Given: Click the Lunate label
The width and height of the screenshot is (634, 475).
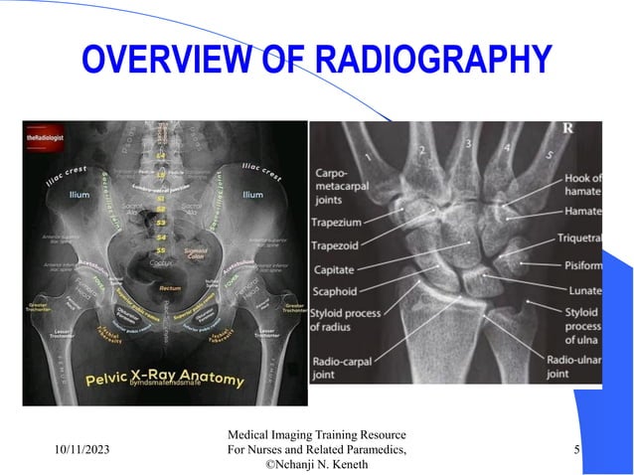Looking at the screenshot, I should pyautogui.click(x=583, y=290).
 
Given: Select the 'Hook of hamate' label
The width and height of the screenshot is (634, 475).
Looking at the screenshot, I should pyautogui.click(x=583, y=185).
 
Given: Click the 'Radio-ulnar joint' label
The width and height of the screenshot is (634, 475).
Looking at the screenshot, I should pyautogui.click(x=570, y=366).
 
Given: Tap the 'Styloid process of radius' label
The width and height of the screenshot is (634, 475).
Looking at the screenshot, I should pyautogui.click(x=347, y=320).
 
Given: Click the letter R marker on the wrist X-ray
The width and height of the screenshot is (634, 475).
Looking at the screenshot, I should pyautogui.click(x=567, y=128).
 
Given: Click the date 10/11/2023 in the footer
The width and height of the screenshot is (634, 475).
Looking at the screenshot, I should pyautogui.click(x=82, y=451).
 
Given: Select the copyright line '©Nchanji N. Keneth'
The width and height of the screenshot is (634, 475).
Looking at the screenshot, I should pyautogui.click(x=318, y=465).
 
